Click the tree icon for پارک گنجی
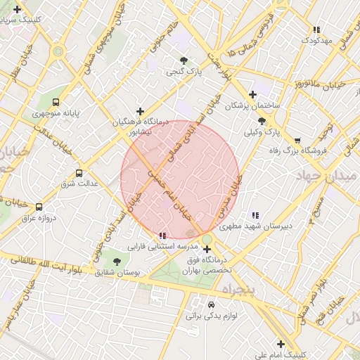pos(184,60)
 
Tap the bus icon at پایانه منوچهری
pos(56,102)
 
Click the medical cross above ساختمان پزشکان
pos(252,94)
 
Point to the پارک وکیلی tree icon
pos(262,121)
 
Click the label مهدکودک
pos(316,40)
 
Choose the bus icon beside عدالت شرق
pos(78,172)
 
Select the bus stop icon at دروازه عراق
pos(39,207)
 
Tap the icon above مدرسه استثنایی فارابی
pos(162,236)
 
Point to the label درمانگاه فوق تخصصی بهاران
pos(207,264)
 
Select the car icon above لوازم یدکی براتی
pos(211,305)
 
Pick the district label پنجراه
pos(242,289)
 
